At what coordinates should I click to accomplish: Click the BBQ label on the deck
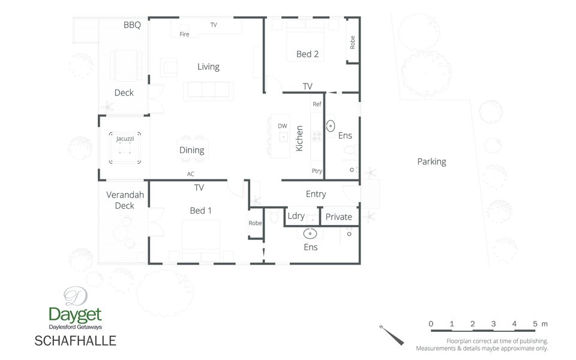132,25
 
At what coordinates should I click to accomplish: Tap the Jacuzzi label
125,139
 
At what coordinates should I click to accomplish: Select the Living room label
208,67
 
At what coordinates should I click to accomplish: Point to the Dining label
192,150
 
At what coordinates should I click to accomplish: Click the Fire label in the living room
184,34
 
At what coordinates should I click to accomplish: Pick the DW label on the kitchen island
283,126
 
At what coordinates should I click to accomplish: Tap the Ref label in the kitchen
317,104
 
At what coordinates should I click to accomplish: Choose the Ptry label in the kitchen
317,171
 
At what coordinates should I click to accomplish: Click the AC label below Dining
191,174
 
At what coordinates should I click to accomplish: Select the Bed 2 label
307,55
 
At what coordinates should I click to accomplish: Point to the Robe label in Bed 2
352,43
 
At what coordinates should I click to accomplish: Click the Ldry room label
296,217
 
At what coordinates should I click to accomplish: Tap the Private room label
338,217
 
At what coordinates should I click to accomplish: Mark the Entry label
316,194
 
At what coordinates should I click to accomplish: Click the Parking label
431,162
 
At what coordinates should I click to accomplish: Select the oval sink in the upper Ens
331,126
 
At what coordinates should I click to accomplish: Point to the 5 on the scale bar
535,323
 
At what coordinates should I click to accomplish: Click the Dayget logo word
76,315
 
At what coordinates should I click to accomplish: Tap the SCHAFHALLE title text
76,341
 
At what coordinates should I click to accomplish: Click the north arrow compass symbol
392,335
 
